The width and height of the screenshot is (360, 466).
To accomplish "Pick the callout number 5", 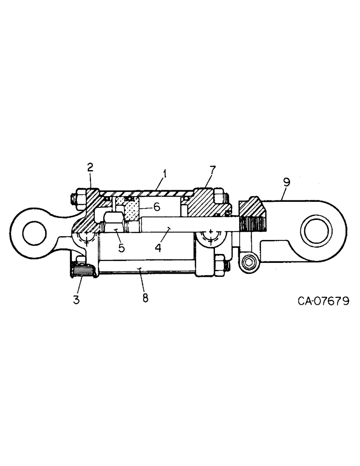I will coord(121,248).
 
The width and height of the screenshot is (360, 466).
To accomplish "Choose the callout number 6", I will coord(157,207).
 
